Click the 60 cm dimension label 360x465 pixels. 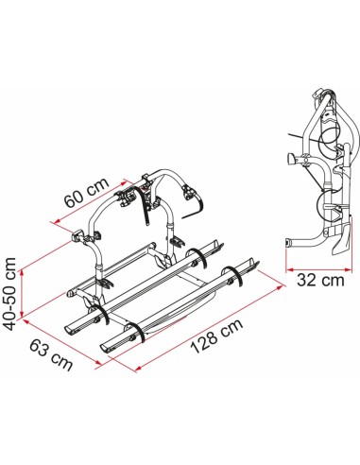click(87, 193)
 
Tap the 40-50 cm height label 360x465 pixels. click(10, 294)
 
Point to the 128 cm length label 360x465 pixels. click(216, 336)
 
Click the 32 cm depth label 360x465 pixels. click(320, 280)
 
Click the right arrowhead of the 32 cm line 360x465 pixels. click(348, 269)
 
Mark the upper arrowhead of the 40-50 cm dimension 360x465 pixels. click(22, 273)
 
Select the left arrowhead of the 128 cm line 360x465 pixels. click(139, 368)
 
